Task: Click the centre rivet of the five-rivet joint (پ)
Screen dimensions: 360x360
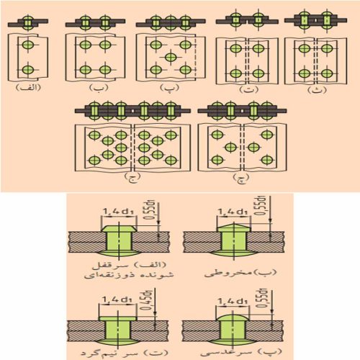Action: [x=169, y=57]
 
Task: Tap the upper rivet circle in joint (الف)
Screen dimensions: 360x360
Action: [x=27, y=45]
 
